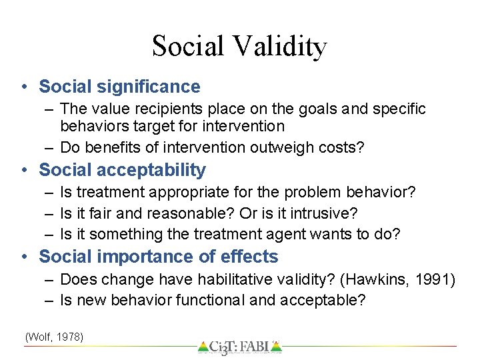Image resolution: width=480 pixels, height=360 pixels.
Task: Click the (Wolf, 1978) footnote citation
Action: click(54, 337)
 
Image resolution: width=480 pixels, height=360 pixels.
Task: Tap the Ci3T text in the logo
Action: click(226, 347)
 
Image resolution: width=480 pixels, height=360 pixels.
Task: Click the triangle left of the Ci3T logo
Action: click(203, 347)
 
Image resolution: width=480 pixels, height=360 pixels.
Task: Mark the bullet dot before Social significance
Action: click(24, 87)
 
